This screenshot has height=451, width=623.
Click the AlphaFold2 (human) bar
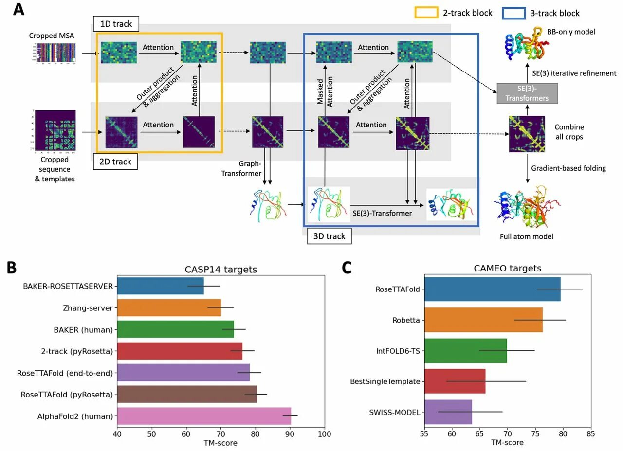[x=204, y=416]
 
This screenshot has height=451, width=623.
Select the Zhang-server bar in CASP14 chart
[x=169, y=307]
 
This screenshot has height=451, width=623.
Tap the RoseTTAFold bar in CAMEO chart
[x=492, y=289]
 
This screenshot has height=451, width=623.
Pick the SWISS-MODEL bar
[x=448, y=412]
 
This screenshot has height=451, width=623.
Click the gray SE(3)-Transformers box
[x=527, y=93]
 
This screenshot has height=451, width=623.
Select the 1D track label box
[x=116, y=23]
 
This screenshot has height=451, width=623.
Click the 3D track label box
[x=329, y=236]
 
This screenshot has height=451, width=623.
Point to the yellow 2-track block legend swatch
[x=425, y=13]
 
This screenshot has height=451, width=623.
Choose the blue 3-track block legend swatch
[x=513, y=13]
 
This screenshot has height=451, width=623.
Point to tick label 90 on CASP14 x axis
[x=290, y=434]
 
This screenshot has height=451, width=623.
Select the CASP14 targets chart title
[x=220, y=269]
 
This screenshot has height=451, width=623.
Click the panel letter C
[x=347, y=268]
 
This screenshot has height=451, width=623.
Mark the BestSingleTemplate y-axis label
[x=385, y=381]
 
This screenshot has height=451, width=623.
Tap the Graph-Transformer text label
[x=241, y=168]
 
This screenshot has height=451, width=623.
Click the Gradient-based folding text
[x=568, y=168]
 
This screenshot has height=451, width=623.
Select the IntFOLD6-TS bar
[x=465, y=351]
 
